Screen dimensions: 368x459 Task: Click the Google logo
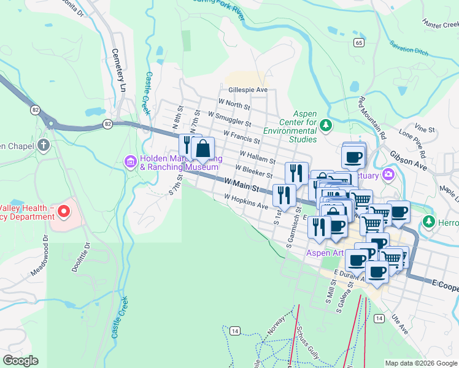[20, 361]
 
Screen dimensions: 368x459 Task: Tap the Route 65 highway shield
[358, 42]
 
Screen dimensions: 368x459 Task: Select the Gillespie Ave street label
[248, 90]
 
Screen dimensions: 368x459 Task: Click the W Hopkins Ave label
[246, 202]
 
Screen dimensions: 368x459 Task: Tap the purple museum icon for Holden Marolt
[130, 162]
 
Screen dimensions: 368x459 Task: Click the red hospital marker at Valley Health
[64, 212]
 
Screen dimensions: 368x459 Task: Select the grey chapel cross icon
[43, 145]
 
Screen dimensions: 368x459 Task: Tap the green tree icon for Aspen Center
[326, 126]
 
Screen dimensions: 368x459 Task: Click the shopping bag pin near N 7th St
[203, 148]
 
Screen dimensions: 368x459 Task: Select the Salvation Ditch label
[409, 48]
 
